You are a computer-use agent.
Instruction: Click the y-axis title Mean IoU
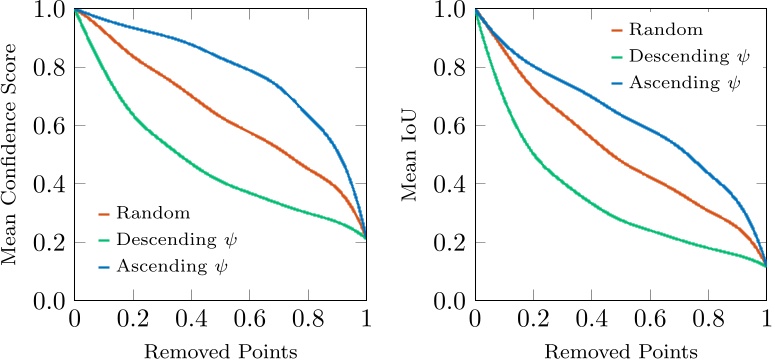[411, 154]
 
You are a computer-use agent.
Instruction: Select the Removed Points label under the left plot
[220, 350]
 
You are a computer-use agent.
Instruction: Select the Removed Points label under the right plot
[620, 350]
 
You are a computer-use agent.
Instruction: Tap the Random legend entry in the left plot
[153, 213]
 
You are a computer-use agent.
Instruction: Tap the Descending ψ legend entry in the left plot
[176, 240]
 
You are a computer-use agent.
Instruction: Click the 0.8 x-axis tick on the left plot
[308, 320]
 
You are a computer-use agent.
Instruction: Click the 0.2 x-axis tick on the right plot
[533, 320]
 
